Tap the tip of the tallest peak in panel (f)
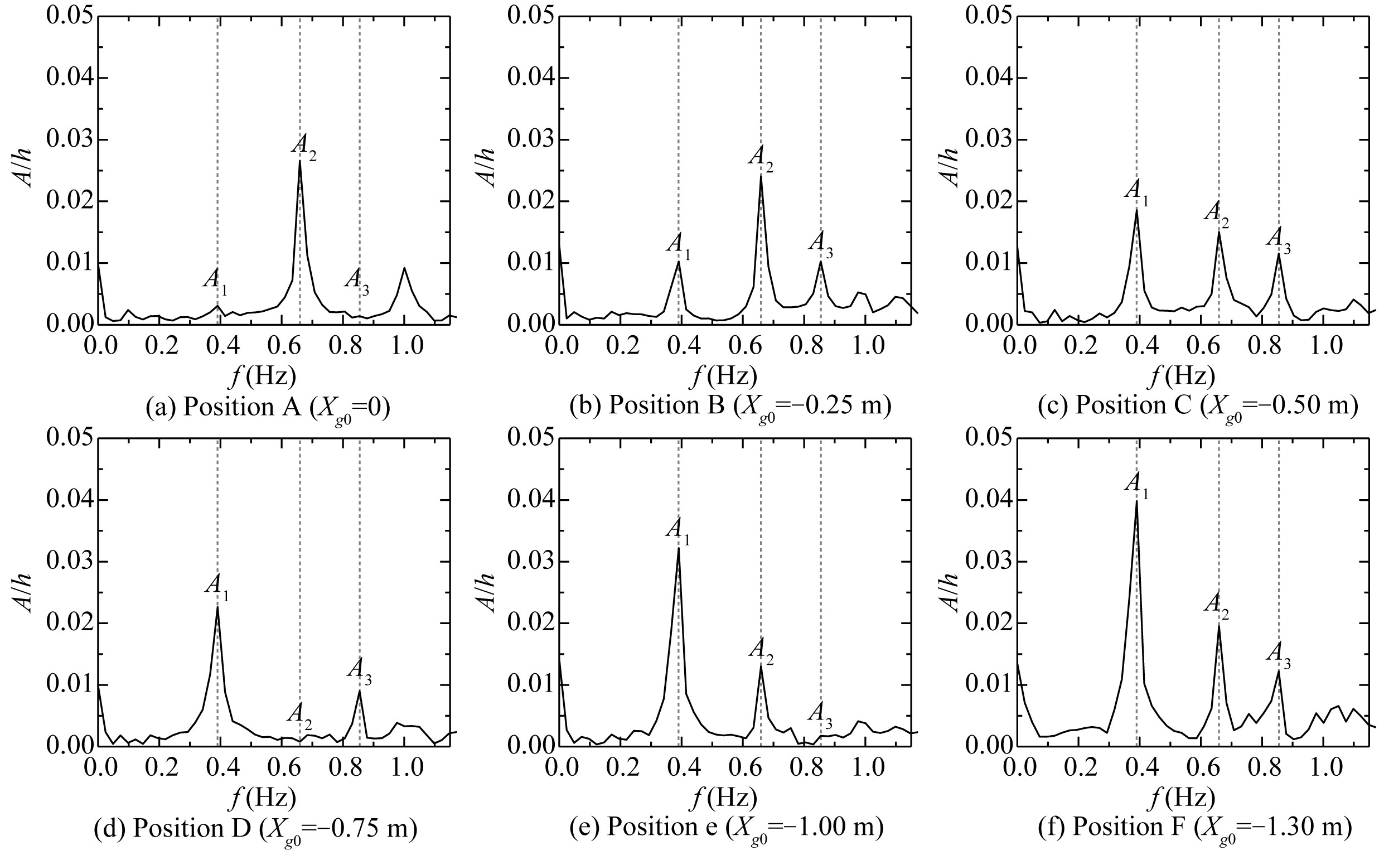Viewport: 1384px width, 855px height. (1136, 501)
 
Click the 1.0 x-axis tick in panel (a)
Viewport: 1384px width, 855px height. (404, 344)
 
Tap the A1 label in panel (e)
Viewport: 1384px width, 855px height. (678, 531)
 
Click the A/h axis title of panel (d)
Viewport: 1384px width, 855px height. (24, 593)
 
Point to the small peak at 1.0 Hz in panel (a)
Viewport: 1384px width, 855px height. (404, 268)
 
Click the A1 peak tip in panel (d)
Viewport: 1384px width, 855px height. (217, 607)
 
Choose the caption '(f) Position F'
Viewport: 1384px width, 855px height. (1194, 829)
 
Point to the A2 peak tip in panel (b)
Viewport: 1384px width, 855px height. (761, 175)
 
